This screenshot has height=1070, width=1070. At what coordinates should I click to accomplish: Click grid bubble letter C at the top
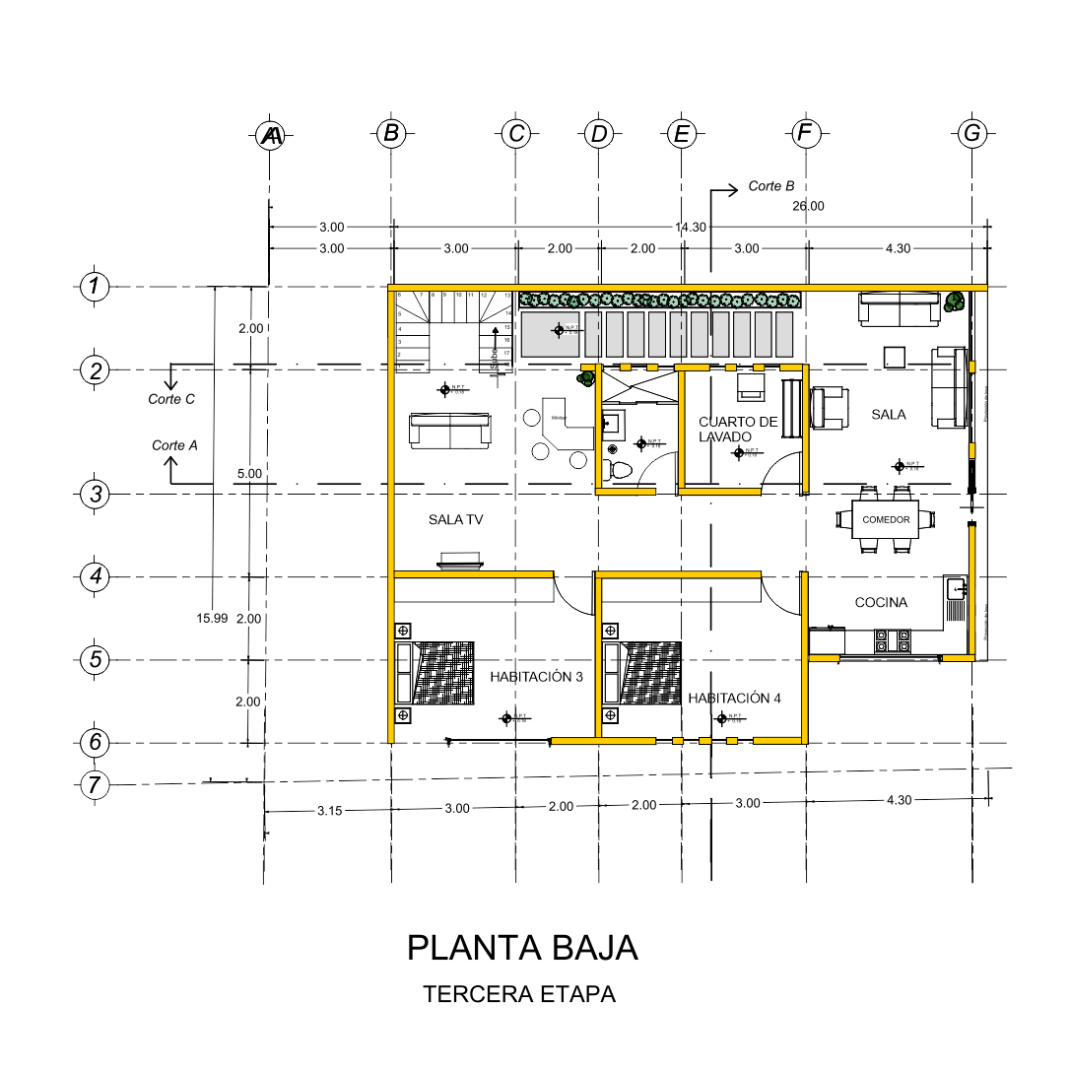point(515,134)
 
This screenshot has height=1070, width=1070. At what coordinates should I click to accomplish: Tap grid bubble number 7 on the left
point(95,785)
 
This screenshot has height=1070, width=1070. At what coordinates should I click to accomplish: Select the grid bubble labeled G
point(972,134)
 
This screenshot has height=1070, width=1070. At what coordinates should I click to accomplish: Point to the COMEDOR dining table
point(886,519)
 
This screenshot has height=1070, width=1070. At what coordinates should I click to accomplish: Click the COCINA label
point(881,602)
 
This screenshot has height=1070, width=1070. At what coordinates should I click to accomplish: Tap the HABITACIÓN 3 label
point(537,677)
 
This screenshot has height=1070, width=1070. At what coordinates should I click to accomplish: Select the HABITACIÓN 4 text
point(734,698)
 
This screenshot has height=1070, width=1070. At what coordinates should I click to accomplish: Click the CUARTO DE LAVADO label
point(738,429)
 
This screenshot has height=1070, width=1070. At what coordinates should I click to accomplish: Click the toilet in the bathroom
point(620,470)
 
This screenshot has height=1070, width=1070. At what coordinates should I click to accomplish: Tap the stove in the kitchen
point(892,640)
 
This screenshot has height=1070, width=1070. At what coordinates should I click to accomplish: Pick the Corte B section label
point(770,186)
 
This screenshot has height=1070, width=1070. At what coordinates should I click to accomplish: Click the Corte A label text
point(174,445)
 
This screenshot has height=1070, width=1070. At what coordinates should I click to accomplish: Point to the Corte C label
point(171,399)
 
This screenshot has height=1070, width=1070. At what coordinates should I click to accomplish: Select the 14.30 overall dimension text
point(691,227)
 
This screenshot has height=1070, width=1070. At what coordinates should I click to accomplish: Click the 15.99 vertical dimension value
point(212,618)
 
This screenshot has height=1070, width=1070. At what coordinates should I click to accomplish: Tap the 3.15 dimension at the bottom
point(329,811)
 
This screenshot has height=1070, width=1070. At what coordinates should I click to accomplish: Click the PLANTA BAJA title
point(522,947)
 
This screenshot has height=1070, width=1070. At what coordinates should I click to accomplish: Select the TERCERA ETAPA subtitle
point(519,994)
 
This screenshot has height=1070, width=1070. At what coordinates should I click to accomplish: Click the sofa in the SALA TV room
point(449,431)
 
